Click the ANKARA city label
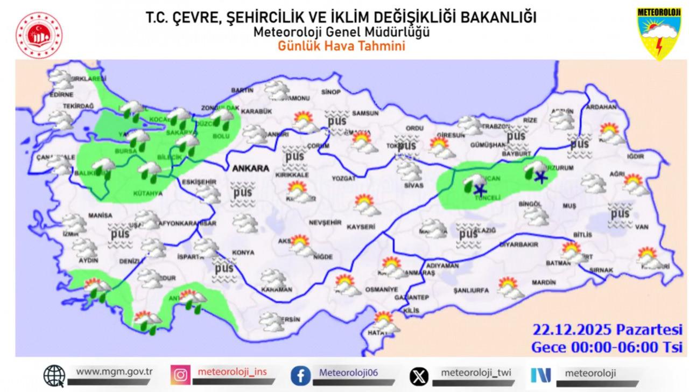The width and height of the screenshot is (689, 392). [x=250, y=169]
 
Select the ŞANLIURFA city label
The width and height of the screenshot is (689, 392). [x=471, y=291]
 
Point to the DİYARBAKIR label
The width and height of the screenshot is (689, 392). [x=519, y=244]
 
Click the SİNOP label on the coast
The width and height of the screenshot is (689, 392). [x=331, y=92]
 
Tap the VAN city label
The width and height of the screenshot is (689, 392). [x=641, y=227]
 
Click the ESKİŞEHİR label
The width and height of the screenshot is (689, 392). [x=199, y=182]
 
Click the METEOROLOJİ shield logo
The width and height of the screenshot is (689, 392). [x=659, y=32]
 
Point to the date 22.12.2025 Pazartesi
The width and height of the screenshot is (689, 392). [x=607, y=329]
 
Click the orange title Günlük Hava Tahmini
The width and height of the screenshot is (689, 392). [x=341, y=46]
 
